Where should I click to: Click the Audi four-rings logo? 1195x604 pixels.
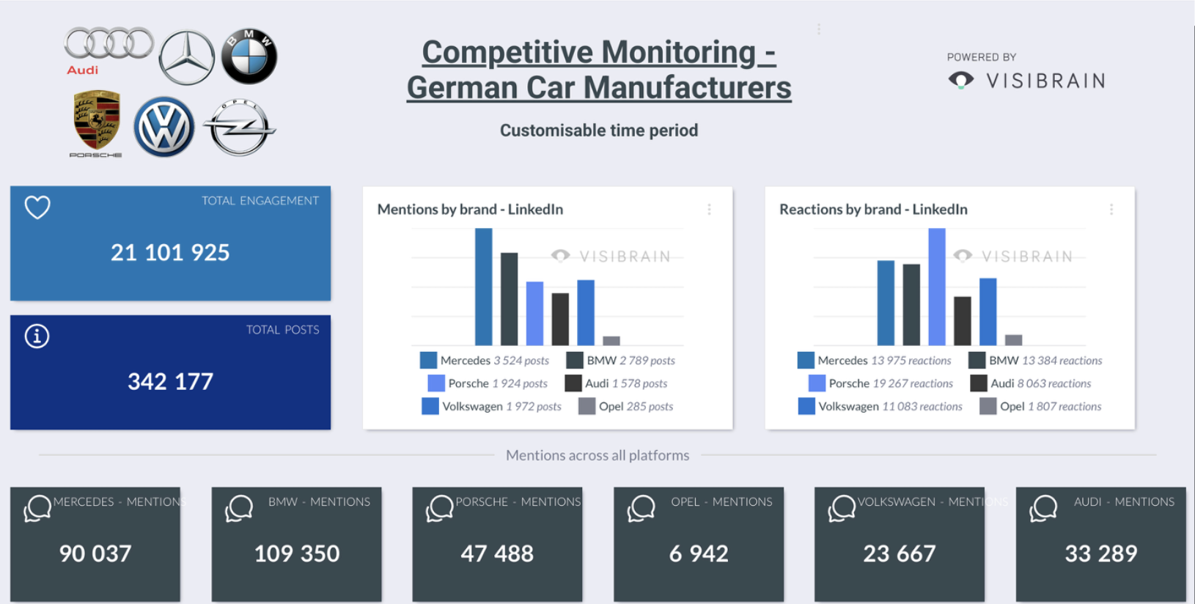click(109, 43)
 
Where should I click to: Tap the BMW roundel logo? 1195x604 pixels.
click(249, 57)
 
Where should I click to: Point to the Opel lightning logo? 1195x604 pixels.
click(239, 128)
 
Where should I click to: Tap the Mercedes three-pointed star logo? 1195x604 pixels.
click(187, 58)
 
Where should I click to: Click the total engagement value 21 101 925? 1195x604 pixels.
click(170, 253)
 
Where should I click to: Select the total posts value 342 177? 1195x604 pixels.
click(170, 382)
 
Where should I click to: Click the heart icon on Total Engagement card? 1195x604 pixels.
click(37, 207)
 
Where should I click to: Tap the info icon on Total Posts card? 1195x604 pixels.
click(37, 336)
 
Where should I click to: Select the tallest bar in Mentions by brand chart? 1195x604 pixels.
click(484, 287)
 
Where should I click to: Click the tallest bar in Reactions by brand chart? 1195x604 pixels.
click(937, 287)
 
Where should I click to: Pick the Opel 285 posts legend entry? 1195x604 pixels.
click(627, 406)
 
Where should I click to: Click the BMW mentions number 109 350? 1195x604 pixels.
click(297, 553)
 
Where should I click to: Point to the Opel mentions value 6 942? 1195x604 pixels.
click(699, 553)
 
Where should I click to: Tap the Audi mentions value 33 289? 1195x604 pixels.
click(1101, 553)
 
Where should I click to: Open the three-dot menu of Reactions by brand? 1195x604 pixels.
click(1111, 210)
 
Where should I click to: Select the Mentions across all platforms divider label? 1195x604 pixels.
click(597, 455)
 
